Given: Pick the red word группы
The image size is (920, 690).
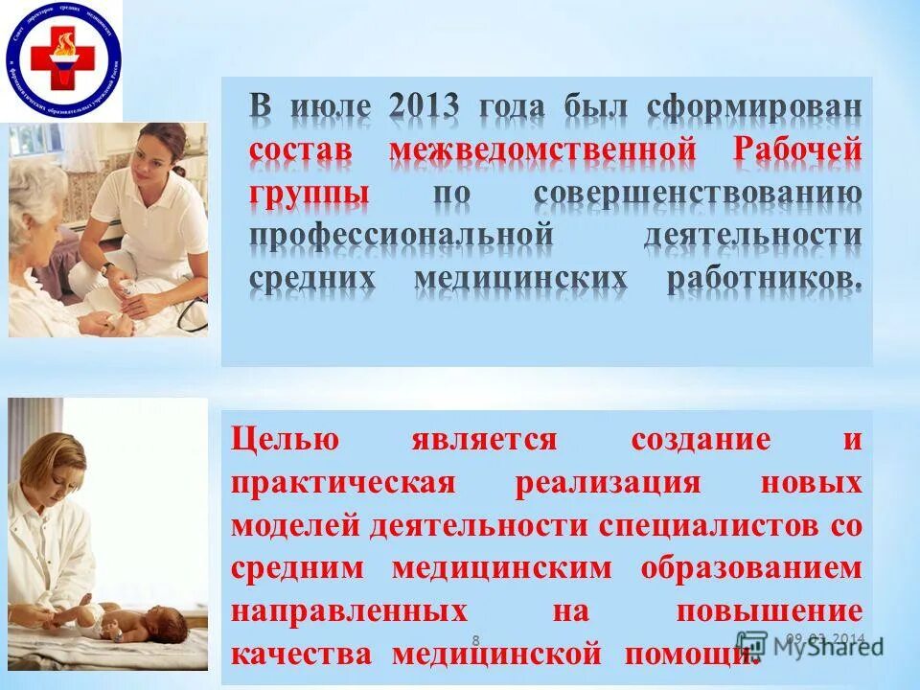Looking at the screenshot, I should pyautogui.click(x=310, y=194).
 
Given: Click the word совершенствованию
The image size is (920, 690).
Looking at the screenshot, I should pyautogui.click(x=697, y=194).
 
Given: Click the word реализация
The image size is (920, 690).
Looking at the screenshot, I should pyautogui.click(x=621, y=483).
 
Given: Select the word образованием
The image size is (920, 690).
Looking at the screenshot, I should pyautogui.click(x=751, y=568).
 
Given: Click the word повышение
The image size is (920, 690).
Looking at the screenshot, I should pyautogui.click(x=770, y=610).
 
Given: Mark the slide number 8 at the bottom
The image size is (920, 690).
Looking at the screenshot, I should pyautogui.click(x=476, y=639).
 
